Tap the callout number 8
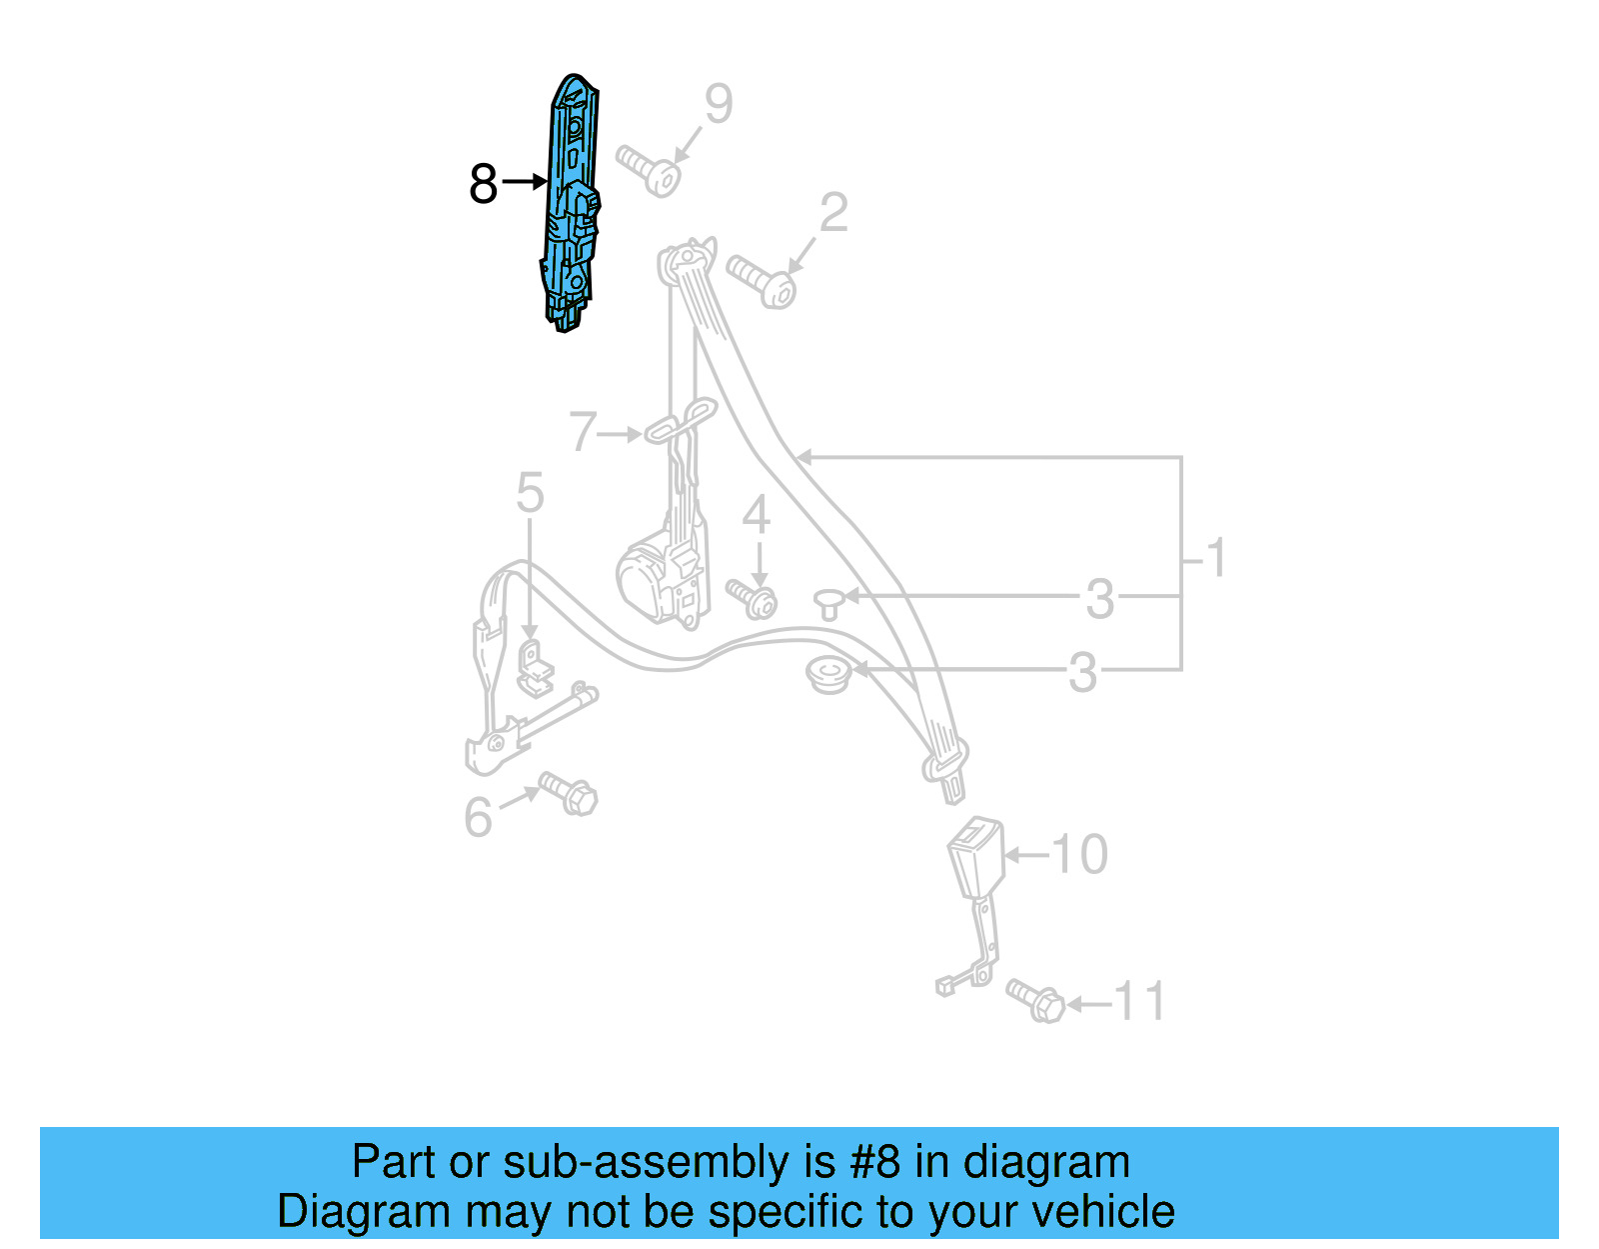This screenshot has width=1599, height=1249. (483, 184)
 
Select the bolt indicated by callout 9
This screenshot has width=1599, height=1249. (650, 172)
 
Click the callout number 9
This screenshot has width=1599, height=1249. (719, 104)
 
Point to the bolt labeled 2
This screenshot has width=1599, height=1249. (763, 282)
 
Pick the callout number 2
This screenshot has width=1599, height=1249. (833, 213)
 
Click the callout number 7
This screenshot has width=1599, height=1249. (583, 432)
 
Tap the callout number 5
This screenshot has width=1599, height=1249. (530, 493)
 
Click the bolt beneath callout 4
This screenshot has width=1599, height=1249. (753, 598)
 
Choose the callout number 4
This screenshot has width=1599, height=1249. (757, 515)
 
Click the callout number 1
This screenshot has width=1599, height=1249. (1215, 558)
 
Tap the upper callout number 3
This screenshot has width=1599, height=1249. (1099, 599)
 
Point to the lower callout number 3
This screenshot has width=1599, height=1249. (1082, 673)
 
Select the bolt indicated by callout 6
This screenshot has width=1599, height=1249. (570, 793)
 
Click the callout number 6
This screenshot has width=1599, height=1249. (478, 817)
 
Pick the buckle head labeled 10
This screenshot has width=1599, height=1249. (975, 856)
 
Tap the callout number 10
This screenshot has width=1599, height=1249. (1079, 855)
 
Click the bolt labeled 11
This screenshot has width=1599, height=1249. (1035, 999)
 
